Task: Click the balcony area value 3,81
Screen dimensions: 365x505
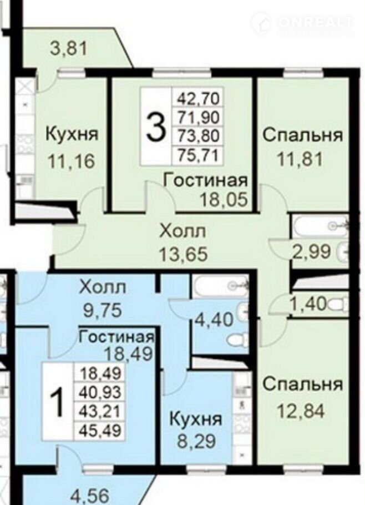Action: (x=69, y=49)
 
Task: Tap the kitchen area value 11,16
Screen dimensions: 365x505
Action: (x=71, y=161)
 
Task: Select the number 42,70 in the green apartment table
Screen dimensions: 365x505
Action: (x=198, y=98)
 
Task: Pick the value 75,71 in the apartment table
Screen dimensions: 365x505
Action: (x=198, y=155)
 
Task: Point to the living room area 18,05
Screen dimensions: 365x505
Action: (x=224, y=199)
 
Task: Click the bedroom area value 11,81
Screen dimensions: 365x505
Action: (x=300, y=159)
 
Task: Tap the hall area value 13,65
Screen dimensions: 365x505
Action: (x=184, y=255)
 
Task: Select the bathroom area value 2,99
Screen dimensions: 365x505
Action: (x=311, y=251)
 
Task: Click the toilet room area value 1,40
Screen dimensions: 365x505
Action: (x=308, y=304)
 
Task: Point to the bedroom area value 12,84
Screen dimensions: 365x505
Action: (x=301, y=411)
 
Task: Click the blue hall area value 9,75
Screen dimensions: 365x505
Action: (x=103, y=310)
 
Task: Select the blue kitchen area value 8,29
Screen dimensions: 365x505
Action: (x=196, y=441)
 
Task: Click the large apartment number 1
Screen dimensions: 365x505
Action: (x=59, y=402)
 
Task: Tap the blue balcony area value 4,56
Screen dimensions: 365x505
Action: (x=90, y=496)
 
